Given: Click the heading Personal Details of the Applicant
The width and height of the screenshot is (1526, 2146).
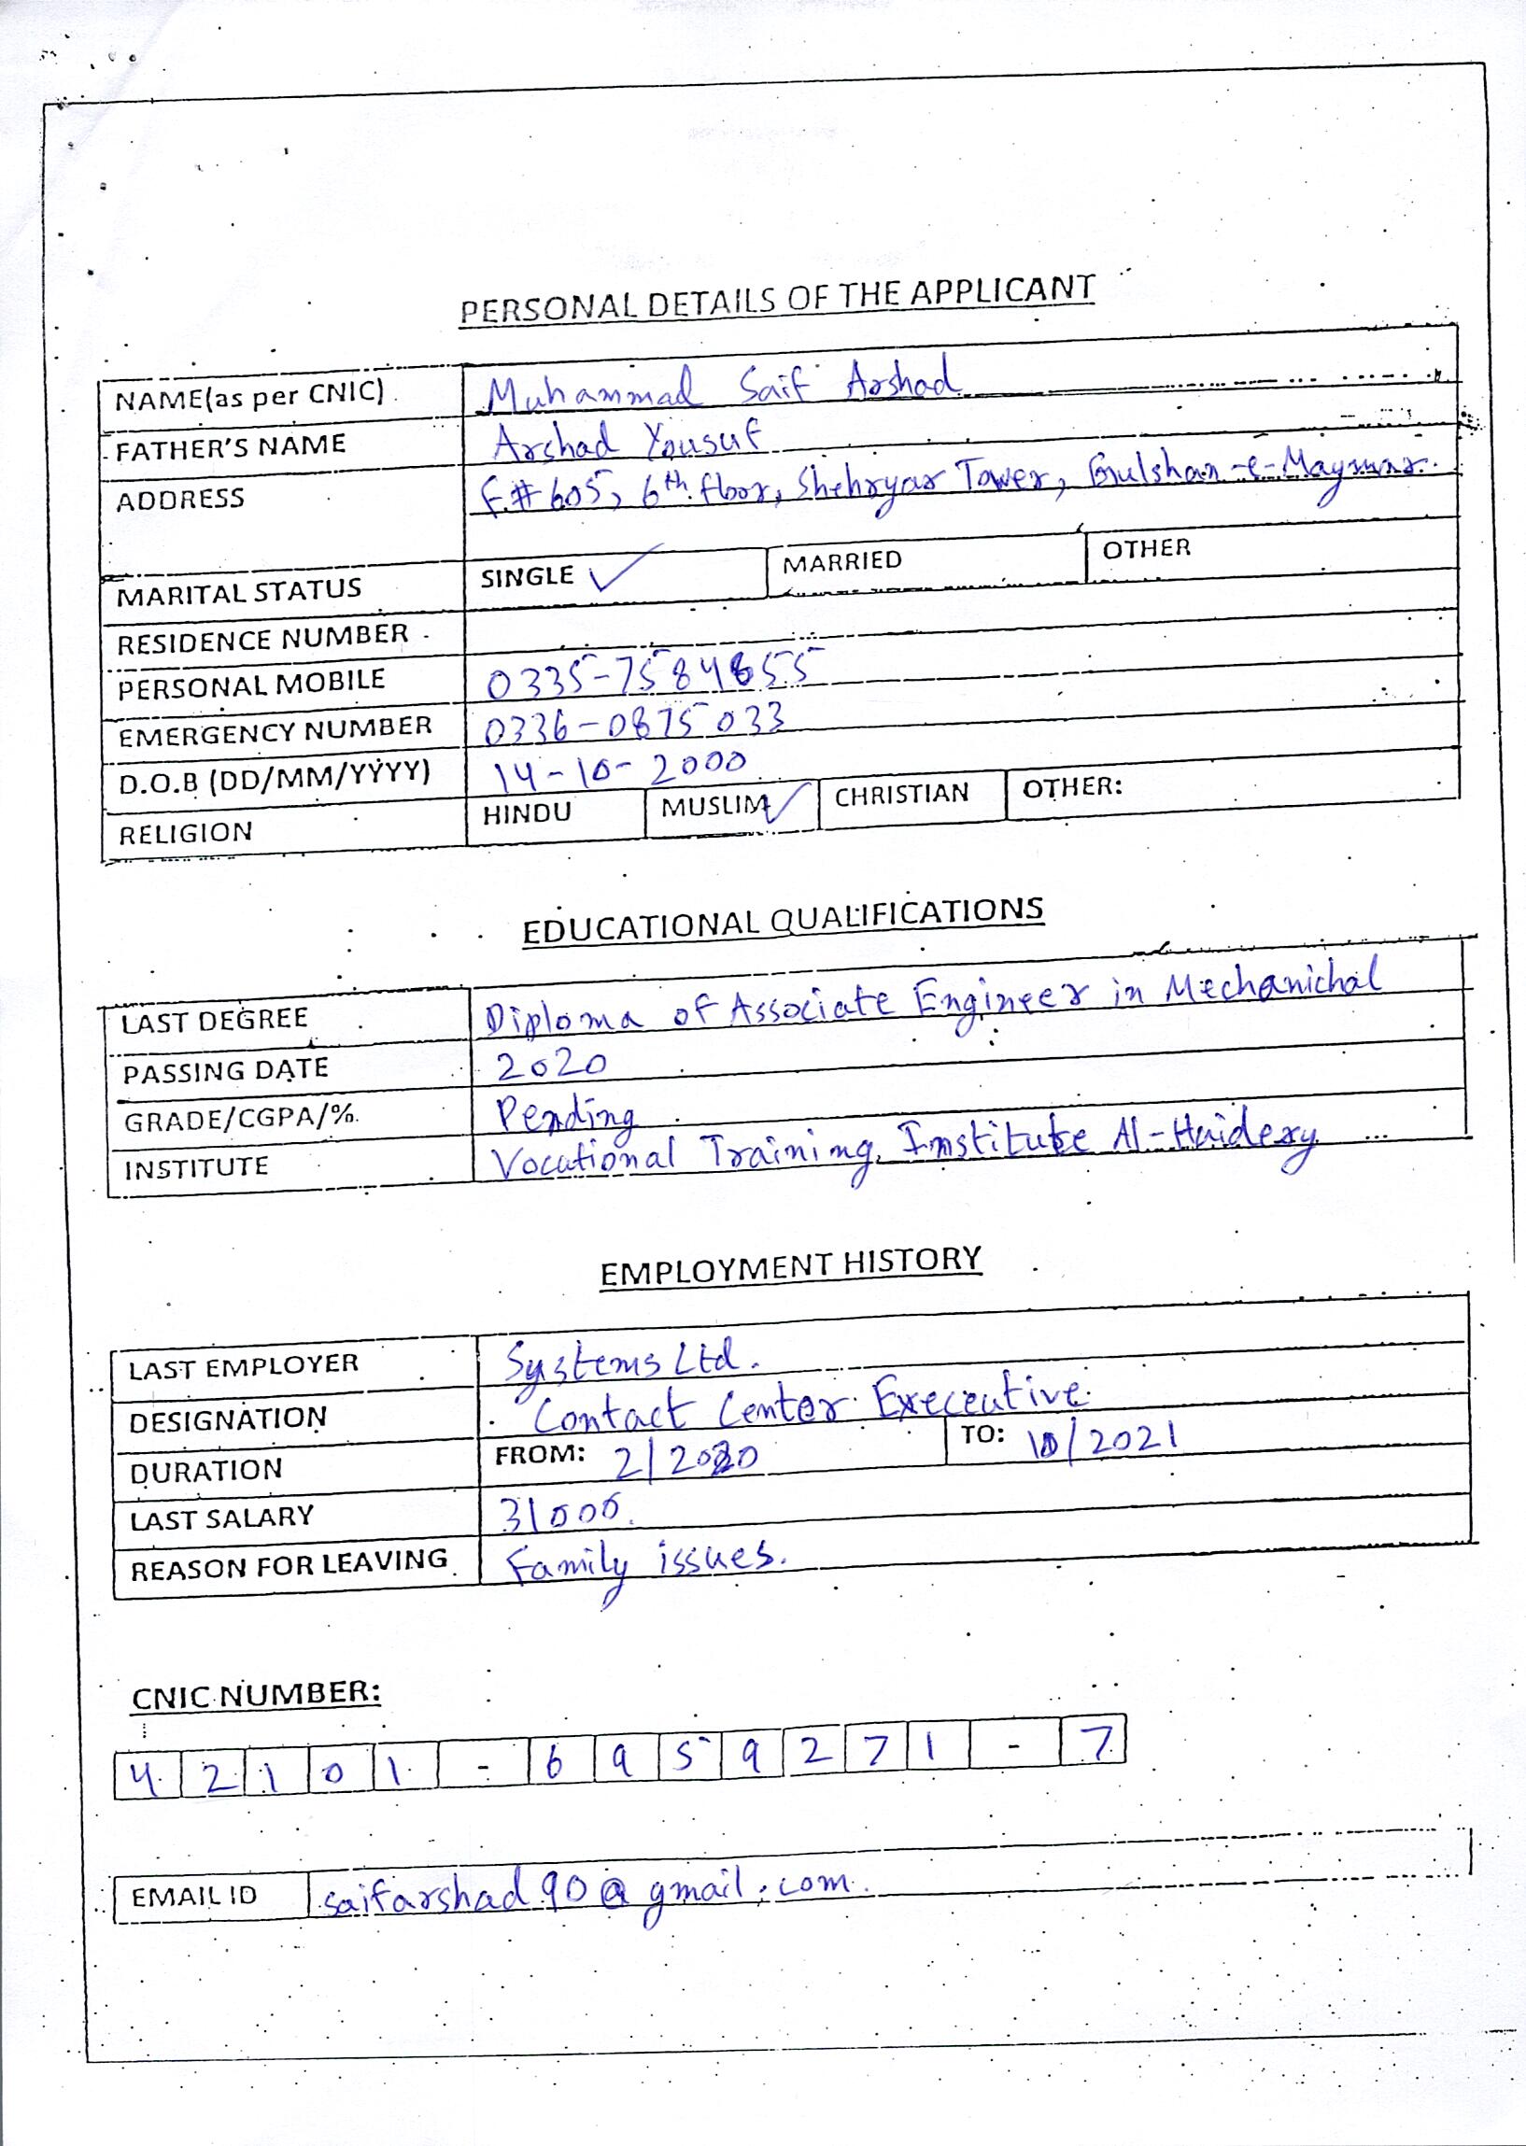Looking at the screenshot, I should pos(777,298).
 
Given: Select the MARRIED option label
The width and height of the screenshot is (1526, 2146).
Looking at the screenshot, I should pos(842,562).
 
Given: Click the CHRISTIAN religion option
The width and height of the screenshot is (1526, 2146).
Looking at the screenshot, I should pos(901,795).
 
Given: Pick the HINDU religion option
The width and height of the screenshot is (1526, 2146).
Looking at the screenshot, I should pos(526,812).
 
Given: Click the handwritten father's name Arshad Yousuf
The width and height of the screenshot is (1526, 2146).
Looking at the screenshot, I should pos(627,439).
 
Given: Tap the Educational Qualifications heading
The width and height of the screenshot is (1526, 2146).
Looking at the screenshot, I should pos(783,920).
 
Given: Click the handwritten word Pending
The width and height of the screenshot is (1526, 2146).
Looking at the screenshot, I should pos(567,1114).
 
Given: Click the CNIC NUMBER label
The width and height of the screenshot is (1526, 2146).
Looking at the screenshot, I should pos(256,1694).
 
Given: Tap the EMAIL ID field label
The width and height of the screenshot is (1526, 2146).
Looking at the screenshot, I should pos(193,1896).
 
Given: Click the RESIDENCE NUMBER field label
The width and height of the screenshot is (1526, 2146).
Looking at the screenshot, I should pos(262,639).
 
